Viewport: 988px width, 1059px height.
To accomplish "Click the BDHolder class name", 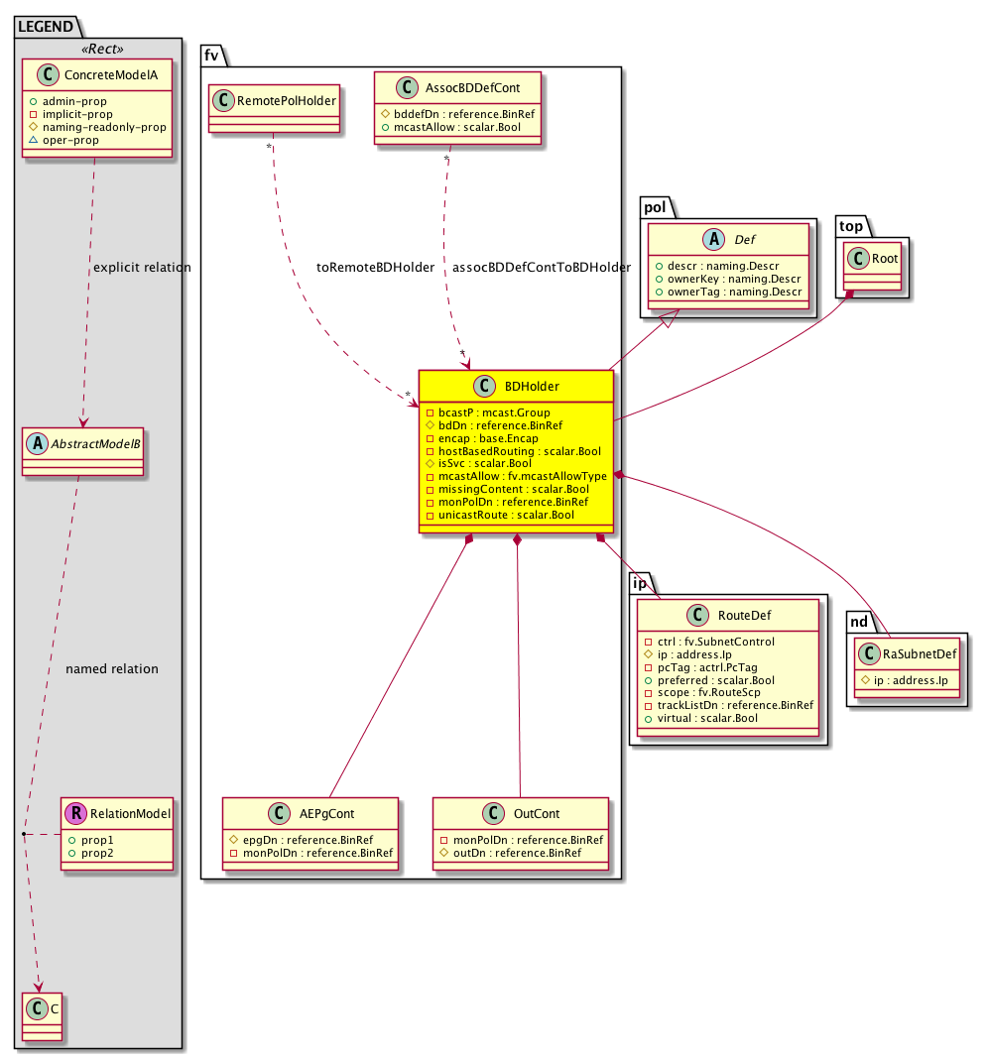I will coord(532,387).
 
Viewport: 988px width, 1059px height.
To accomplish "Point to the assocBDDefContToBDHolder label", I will coord(542,268).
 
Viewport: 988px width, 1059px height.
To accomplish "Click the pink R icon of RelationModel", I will coord(75,814).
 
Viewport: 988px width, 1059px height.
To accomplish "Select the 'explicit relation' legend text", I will coord(141,268).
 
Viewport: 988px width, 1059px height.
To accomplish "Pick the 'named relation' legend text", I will coord(111,668).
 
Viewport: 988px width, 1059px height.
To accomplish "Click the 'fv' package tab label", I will coord(211,57).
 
